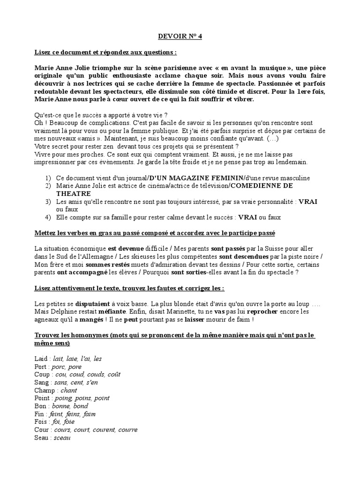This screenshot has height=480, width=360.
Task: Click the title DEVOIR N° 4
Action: pos(180,36)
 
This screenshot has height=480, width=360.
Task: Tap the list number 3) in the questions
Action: pos(48,201)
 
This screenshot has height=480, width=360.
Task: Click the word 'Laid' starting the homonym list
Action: pos(42,359)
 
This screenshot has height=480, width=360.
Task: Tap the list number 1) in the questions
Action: pos(48,178)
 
